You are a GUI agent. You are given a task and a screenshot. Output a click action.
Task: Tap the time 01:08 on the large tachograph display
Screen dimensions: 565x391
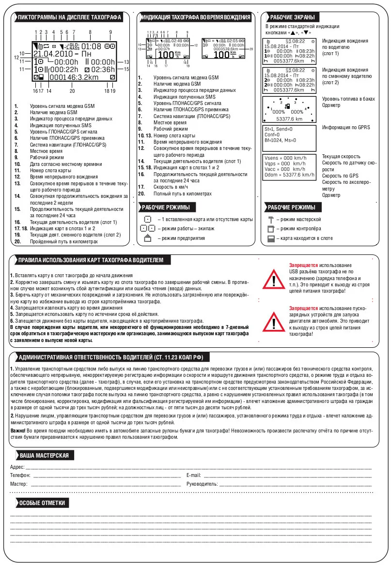point(91,46)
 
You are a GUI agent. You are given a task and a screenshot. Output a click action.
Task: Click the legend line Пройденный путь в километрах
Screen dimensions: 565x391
point(64,241)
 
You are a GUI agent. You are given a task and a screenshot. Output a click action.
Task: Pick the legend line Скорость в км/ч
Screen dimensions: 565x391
point(171,187)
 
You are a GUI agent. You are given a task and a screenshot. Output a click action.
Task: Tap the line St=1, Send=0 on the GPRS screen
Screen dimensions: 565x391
point(282,129)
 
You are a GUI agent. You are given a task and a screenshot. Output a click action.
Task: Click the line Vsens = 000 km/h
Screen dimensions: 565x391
point(285,158)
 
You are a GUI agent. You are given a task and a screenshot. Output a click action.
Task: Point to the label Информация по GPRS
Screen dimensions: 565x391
point(346,128)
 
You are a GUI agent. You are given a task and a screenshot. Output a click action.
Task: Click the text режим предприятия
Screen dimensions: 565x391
point(183,238)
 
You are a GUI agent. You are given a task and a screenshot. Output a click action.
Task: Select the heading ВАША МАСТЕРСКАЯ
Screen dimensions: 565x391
point(44,456)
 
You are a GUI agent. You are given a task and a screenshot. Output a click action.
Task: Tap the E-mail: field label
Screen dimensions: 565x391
point(193,476)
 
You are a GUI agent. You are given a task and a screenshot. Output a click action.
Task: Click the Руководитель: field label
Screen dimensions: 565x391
point(202,484)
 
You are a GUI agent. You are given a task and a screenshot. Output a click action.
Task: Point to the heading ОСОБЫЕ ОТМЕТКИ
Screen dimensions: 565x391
point(42,503)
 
